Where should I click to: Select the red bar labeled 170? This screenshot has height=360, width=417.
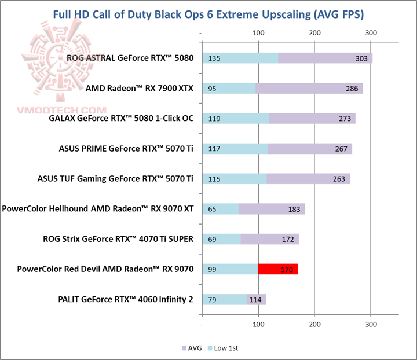[277, 269]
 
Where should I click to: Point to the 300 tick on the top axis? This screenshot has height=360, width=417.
[371, 32]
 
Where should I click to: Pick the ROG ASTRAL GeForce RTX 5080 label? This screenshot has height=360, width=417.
[130, 58]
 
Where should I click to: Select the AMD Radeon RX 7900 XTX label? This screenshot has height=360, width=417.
[139, 89]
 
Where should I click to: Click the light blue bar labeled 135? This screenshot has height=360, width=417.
[240, 58]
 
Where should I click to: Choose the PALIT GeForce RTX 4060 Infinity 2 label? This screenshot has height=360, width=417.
[126, 299]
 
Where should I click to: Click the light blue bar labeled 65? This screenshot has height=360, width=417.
[220, 209]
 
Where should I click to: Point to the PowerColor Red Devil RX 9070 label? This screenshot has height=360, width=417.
[105, 269]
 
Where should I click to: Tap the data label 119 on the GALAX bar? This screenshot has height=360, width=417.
[214, 119]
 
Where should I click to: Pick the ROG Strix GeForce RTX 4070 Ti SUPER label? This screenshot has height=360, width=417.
[118, 239]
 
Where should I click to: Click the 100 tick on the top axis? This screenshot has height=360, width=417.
[258, 32]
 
